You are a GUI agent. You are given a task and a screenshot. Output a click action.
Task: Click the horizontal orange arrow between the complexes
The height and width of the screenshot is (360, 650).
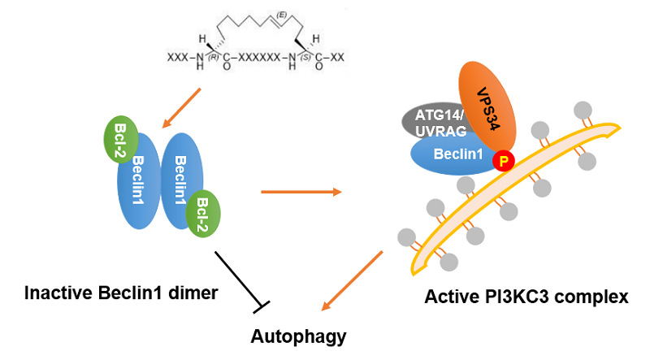click(301, 193)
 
